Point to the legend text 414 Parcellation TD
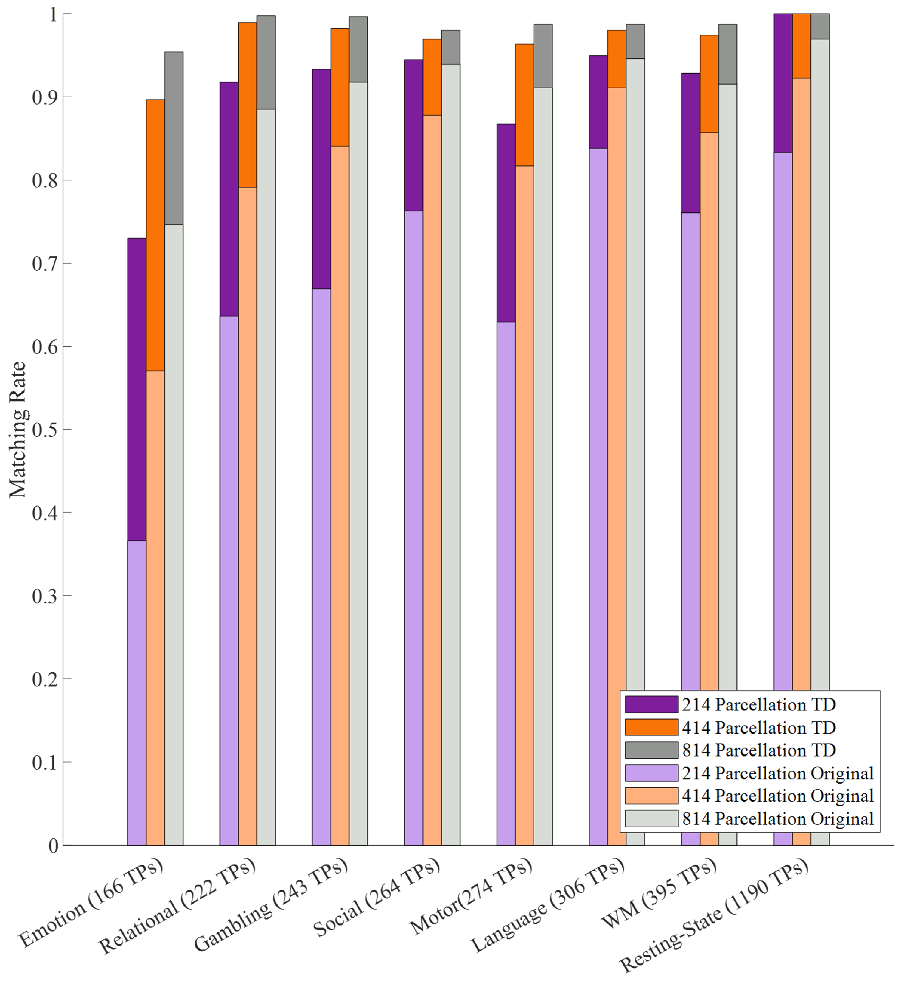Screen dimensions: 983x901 759,728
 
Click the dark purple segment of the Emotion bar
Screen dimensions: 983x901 137,389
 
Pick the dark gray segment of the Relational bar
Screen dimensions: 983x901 266,62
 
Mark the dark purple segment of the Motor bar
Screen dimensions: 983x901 506,223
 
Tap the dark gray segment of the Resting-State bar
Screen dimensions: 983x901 820,26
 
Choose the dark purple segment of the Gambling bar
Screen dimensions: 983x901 321,179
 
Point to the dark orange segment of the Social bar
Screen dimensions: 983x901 432,77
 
